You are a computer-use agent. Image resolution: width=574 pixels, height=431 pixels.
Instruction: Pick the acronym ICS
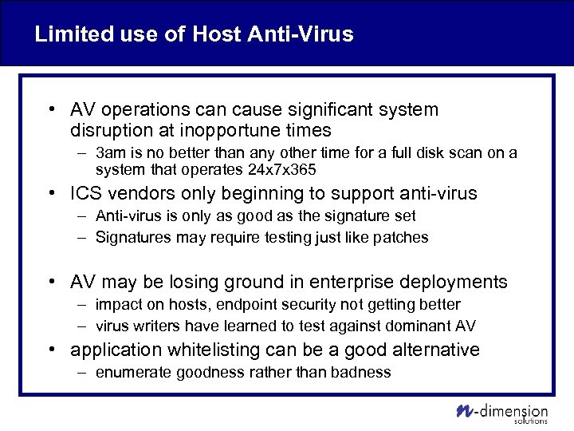point(87,194)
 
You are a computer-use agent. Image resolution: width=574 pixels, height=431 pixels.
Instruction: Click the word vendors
point(140,194)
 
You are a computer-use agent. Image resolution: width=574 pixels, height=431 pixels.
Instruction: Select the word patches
point(402,237)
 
